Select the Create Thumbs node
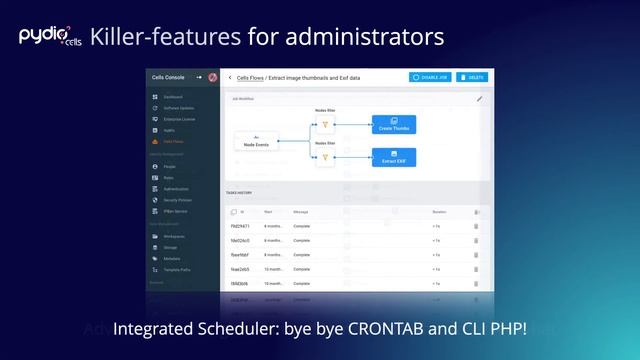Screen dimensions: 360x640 393,124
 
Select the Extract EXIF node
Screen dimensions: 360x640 393,156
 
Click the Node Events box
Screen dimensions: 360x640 256,142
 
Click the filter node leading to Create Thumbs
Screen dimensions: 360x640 324,125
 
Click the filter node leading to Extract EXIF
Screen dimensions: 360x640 324,157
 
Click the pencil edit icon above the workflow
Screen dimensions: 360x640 479,99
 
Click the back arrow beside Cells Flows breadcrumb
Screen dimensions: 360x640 229,77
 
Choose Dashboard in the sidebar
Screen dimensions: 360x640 174,97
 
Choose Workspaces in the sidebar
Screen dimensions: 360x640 175,236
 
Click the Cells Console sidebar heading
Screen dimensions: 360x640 168,77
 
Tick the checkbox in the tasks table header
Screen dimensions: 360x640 233,212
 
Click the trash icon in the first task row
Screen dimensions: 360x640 476,227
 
